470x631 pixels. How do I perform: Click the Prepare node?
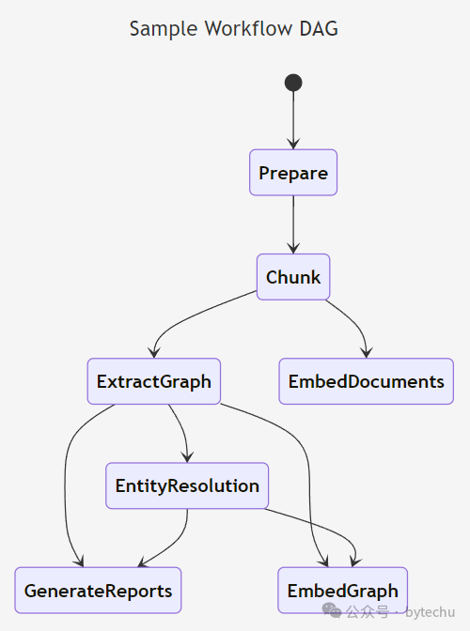(293, 173)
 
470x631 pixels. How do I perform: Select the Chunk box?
(293, 277)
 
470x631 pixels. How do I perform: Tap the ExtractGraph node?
(154, 381)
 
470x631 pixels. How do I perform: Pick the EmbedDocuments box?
(366, 381)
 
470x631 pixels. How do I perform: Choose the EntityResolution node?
(187, 485)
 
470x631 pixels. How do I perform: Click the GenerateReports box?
(98, 591)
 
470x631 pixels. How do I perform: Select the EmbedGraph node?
(343, 591)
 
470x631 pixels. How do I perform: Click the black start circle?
(293, 83)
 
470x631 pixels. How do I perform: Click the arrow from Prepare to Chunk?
(293, 224)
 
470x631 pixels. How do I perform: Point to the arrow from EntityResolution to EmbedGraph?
(326, 527)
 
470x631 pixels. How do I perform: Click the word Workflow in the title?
(248, 28)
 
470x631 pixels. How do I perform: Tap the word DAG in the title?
(319, 28)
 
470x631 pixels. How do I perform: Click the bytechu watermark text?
(431, 612)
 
